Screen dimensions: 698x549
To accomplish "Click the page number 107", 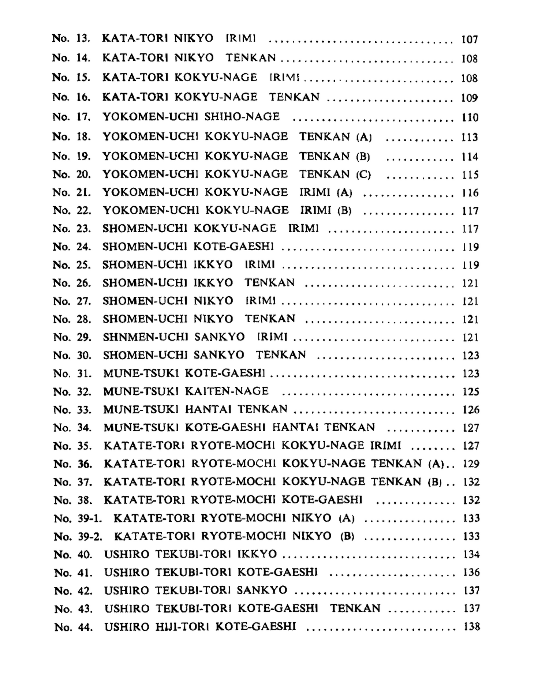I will pos(470,39).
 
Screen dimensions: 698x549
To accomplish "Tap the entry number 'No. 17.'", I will pos(71,117).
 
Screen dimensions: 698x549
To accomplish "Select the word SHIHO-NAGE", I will pos(242,117).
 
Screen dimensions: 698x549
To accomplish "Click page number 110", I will pos(470,117).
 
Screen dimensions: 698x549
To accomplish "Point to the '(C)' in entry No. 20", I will pos(363,174).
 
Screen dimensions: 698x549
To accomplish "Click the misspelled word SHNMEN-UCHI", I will pos(145,337).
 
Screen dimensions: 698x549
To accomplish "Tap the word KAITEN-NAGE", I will pos(227,391).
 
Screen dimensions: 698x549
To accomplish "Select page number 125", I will pos(471,392).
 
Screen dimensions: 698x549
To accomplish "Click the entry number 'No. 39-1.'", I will pos(78,518).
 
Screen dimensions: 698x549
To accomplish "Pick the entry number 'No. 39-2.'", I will pos(78,537).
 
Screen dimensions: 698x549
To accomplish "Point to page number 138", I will pos(471,627).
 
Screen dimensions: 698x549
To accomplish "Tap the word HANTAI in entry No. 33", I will pos(208,409).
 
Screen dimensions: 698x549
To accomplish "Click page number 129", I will pos(471,464).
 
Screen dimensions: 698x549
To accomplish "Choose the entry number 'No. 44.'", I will pos(73,627).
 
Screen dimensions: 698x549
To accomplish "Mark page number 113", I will pos(470,137).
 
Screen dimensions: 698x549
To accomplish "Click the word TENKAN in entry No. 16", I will pos(294,97).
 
